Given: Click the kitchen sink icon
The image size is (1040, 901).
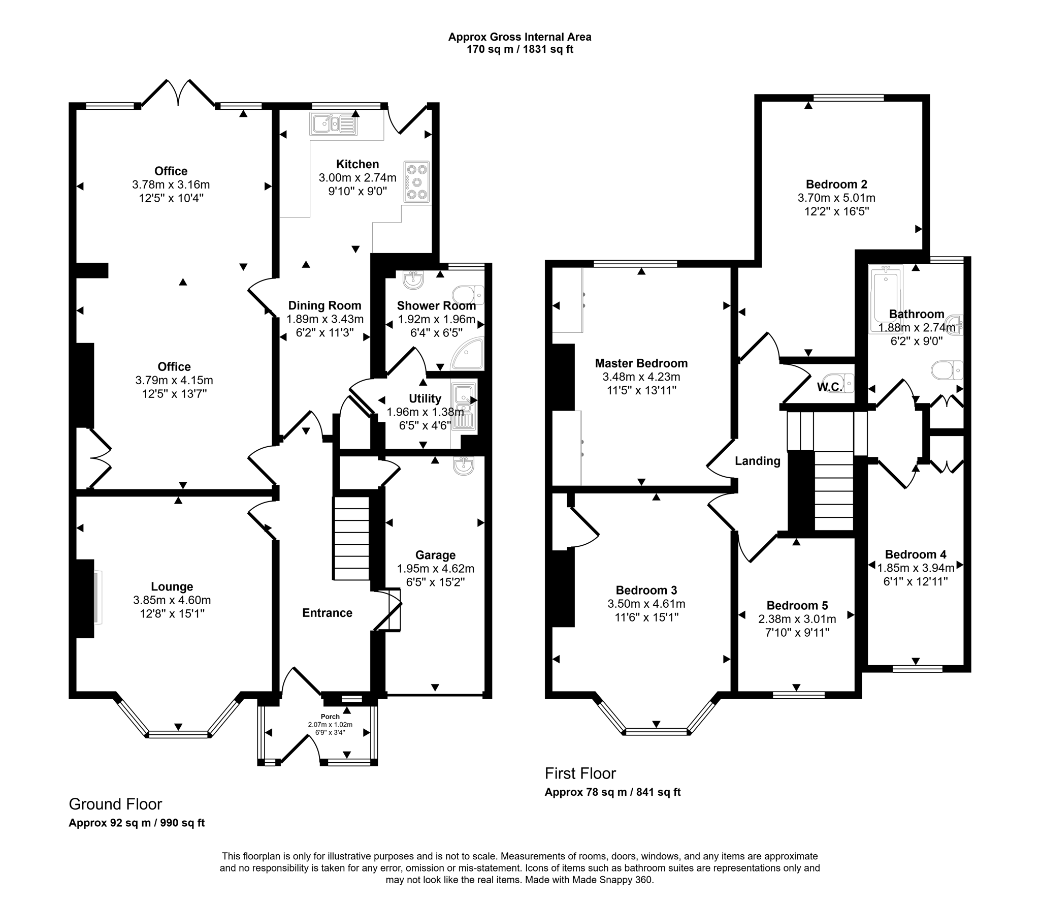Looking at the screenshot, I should [333, 123].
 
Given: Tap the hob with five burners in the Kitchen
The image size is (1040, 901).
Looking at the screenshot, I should [416, 182].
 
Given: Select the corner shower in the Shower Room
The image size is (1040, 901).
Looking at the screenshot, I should [469, 354].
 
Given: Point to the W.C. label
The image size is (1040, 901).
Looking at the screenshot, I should [829, 387].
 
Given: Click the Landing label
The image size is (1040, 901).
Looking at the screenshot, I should [757, 461].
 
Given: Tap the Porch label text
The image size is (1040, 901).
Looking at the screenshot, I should [330, 717].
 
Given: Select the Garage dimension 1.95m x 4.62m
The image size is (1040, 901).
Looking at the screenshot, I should [435, 568].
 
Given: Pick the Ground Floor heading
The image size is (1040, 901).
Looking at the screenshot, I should [115, 804].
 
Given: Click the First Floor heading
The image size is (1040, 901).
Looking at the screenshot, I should [580, 773].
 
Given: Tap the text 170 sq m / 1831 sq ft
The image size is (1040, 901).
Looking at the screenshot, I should [519, 50].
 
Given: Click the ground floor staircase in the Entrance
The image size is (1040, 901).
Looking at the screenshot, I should [351, 539].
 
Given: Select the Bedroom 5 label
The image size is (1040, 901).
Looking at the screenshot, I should [797, 605].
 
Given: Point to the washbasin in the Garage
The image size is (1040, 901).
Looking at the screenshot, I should [463, 465].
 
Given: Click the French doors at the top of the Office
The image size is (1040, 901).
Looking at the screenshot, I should [178, 94].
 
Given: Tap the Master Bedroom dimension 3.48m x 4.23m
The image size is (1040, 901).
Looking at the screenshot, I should [641, 377].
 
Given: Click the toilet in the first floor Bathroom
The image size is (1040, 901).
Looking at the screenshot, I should [948, 370].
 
